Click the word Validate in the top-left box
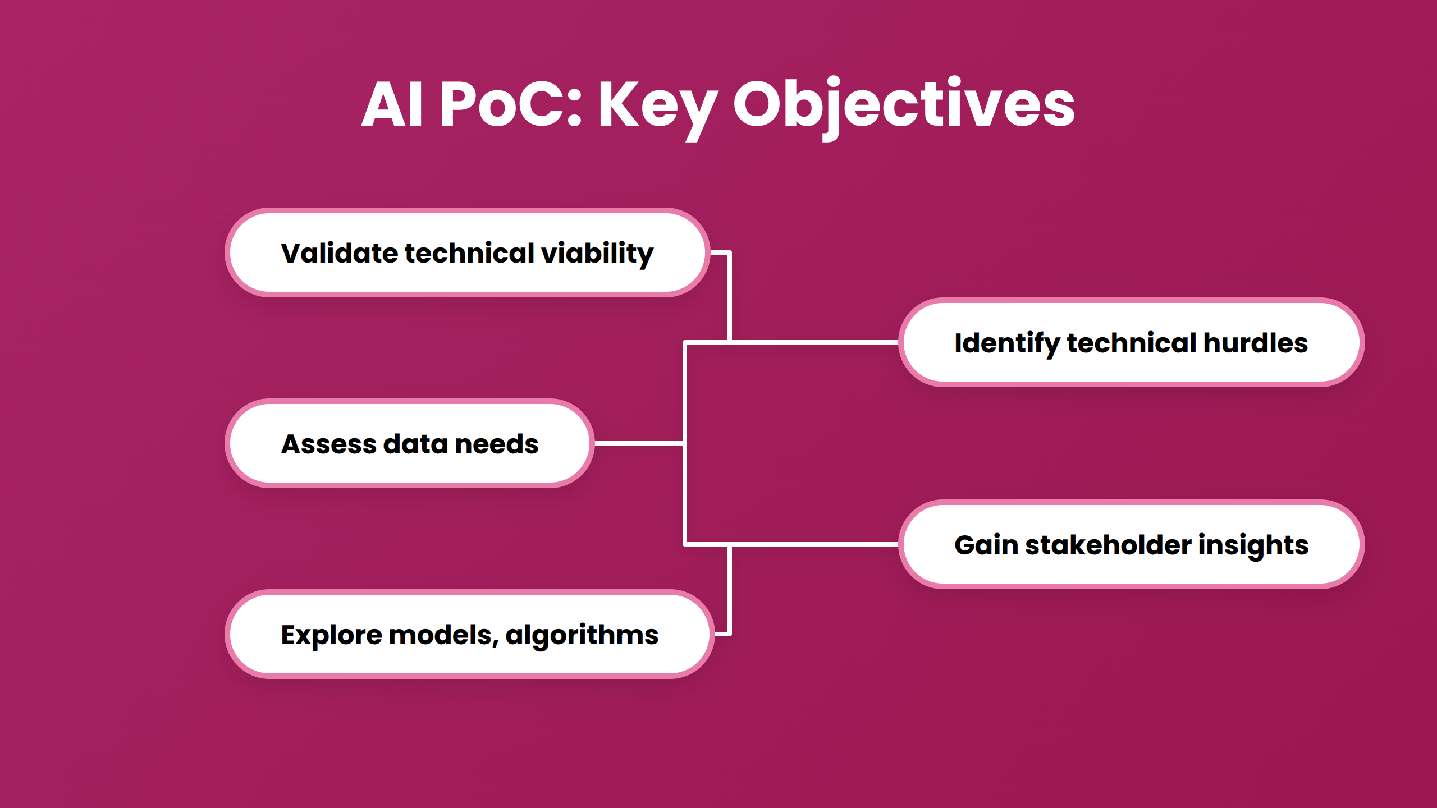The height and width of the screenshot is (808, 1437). (340, 253)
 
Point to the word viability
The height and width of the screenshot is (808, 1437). (597, 254)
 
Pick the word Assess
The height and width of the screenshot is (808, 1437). (328, 444)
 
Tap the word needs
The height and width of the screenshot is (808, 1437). (497, 444)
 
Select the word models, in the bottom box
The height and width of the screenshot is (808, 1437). (443, 635)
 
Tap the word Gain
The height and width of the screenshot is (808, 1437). (986, 545)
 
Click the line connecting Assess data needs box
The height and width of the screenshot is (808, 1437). (639, 443)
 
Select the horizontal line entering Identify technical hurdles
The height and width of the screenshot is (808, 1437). (814, 342)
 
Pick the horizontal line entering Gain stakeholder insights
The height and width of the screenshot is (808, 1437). (814, 544)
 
